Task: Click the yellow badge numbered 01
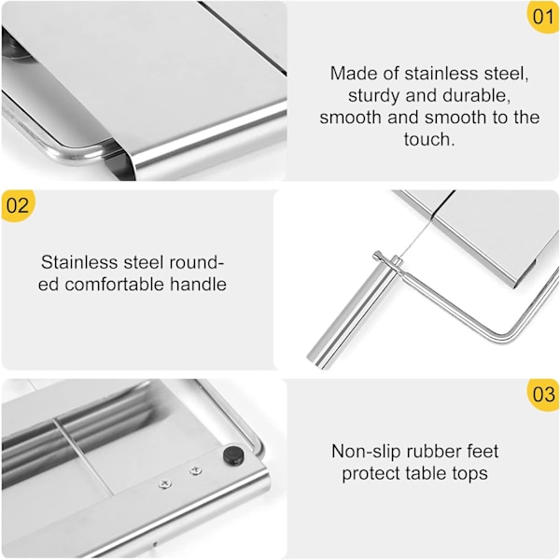(x=543, y=17)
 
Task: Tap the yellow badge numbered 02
(x=18, y=205)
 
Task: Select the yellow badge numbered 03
(x=543, y=395)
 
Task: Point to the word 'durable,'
(x=476, y=95)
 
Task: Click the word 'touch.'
(x=429, y=139)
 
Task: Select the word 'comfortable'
(x=114, y=285)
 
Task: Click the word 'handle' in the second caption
(x=198, y=285)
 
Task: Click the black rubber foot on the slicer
(x=233, y=455)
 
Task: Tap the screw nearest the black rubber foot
(x=195, y=470)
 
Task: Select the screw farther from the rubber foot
(x=164, y=483)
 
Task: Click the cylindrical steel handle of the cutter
(x=355, y=311)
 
